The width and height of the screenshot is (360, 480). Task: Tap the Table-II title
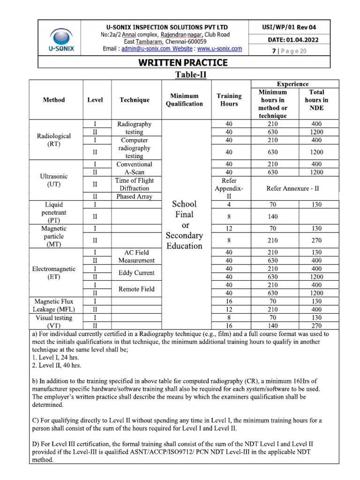(191, 75)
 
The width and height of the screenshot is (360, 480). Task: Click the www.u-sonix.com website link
(219, 49)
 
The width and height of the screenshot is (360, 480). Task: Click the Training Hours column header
(229, 99)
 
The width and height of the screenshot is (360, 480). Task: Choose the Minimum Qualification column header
(184, 99)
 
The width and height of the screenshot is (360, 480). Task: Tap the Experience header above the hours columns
(292, 84)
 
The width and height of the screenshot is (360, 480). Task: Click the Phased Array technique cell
(135, 196)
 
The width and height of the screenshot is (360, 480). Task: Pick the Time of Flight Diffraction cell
(135, 184)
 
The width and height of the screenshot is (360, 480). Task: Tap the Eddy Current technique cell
(136, 273)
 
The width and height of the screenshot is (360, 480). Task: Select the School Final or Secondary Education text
(184, 225)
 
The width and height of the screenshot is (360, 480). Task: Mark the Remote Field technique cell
(136, 289)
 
